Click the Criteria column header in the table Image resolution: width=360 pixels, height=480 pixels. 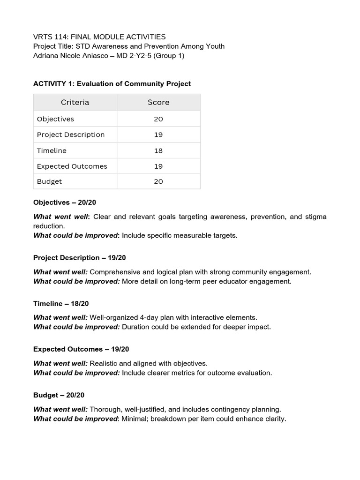[x=75, y=102]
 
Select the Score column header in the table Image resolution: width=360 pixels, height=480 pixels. [x=158, y=102]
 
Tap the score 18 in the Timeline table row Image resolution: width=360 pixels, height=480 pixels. [x=158, y=150]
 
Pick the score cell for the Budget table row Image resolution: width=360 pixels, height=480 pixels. [x=158, y=181]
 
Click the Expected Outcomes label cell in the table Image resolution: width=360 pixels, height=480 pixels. [x=72, y=166]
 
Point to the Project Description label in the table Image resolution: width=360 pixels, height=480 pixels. [x=71, y=135]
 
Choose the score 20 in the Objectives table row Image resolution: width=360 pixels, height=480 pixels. [x=158, y=119]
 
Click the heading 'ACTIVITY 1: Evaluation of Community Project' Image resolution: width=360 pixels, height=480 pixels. [x=112, y=83]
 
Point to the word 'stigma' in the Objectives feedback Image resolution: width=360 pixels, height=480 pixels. [x=315, y=217]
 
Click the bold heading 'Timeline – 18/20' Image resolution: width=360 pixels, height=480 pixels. [x=61, y=304]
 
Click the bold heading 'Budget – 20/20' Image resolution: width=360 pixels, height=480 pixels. [x=59, y=395]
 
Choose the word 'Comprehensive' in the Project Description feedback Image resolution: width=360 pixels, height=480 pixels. [x=114, y=272]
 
